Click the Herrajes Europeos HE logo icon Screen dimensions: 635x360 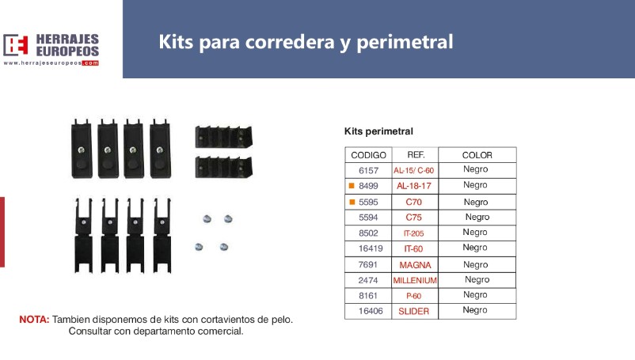(16, 45)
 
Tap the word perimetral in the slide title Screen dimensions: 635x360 (405, 42)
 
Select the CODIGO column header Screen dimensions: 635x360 (368, 155)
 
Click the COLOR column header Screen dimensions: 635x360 (477, 155)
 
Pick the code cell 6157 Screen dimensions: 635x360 (368, 171)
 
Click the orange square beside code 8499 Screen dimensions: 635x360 (352, 186)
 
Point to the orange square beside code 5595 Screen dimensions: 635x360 (352, 202)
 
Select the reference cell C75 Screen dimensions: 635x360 (413, 218)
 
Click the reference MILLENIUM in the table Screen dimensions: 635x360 (415, 280)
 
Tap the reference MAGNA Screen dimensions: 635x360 (415, 265)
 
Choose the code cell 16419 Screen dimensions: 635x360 (371, 248)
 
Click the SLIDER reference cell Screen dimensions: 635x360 (413, 312)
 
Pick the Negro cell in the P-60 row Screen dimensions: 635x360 (475, 295)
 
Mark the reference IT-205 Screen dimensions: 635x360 (413, 233)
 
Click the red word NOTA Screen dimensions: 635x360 (34, 320)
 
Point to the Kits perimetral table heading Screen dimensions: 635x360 (378, 131)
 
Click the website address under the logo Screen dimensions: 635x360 (51, 63)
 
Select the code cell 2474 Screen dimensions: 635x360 (368, 280)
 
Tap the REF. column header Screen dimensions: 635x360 (416, 155)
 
